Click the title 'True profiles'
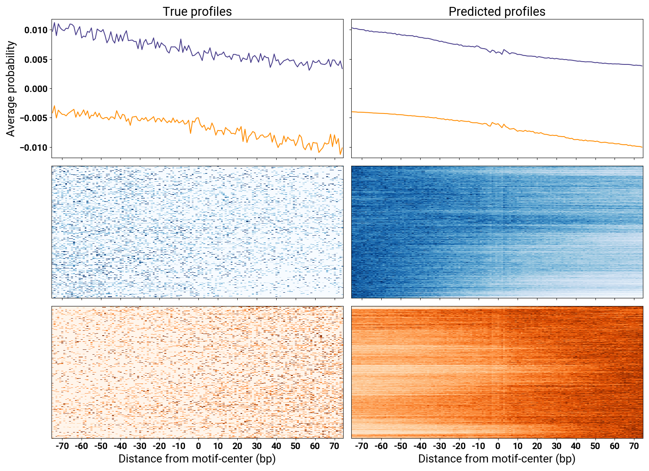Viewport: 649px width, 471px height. (197, 11)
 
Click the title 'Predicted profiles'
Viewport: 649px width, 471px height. (497, 11)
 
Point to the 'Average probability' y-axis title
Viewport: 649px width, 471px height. (11, 88)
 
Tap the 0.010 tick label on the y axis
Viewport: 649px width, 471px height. (36, 30)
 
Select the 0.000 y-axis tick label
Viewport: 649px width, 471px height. (36, 89)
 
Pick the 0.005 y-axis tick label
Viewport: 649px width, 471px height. (36, 60)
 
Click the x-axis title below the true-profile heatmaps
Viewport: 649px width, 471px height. (197, 459)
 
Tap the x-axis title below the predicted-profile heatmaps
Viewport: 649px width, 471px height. (497, 459)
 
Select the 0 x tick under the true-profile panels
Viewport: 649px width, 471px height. (198, 446)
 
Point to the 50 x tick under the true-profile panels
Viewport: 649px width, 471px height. (295, 446)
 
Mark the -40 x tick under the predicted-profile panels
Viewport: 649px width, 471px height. (420, 446)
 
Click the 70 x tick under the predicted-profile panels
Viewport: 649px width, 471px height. (634, 446)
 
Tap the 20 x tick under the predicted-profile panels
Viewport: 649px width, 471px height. (537, 446)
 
